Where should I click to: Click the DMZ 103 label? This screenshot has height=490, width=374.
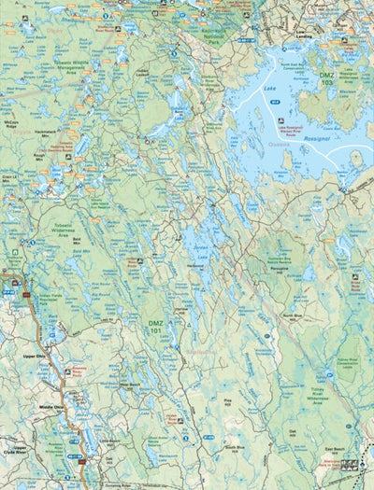pyautogui.click(x=325, y=77)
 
